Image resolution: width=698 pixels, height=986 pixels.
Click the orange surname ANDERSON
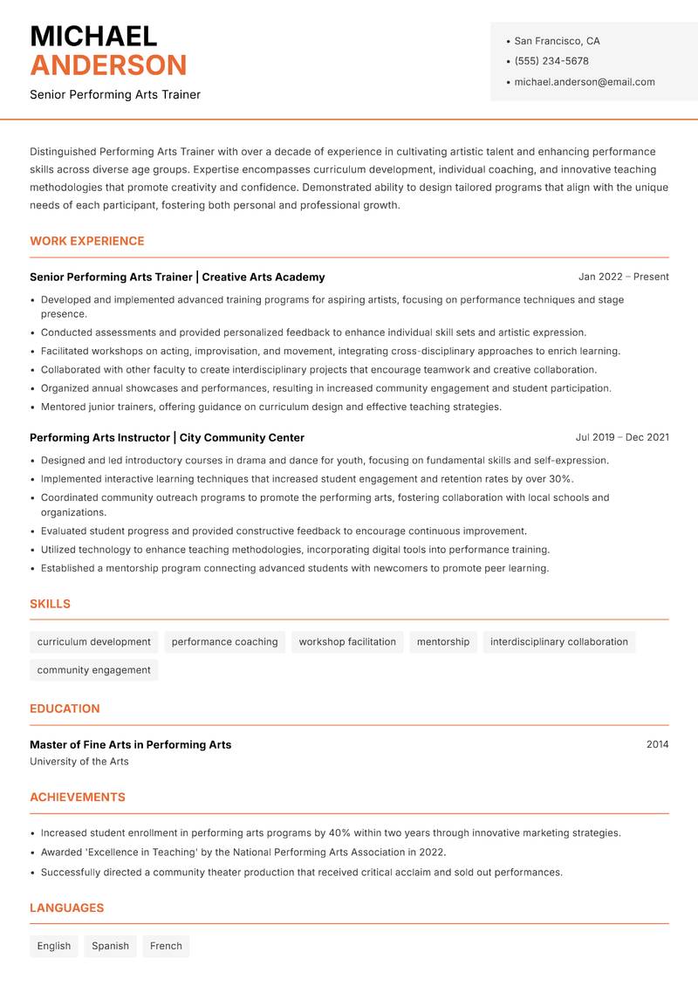(x=108, y=65)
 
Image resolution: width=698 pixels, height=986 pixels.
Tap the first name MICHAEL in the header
(x=93, y=37)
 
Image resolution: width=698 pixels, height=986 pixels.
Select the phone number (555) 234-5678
(x=551, y=61)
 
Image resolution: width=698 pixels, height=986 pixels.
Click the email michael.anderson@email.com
(x=584, y=82)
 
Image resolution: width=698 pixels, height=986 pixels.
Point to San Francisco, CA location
(x=557, y=41)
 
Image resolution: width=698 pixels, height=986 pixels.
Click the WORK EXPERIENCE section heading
(x=87, y=241)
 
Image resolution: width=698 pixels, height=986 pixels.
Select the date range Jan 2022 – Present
(x=623, y=277)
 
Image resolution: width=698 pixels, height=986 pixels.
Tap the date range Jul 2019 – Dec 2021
(x=622, y=437)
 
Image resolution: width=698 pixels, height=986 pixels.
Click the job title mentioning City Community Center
(x=167, y=437)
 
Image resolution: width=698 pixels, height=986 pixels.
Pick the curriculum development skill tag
(x=94, y=641)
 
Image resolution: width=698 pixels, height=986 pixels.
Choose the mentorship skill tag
(x=442, y=641)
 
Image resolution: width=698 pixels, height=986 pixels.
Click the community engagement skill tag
(x=94, y=670)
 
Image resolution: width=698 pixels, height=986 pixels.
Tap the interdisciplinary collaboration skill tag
(x=558, y=641)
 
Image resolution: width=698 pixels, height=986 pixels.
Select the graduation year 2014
(x=657, y=744)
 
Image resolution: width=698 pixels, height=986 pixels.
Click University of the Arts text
(x=79, y=762)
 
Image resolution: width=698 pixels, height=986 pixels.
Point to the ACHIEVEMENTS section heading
(x=78, y=797)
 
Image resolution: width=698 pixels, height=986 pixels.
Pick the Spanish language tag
(x=110, y=946)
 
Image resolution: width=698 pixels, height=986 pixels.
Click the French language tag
(x=166, y=946)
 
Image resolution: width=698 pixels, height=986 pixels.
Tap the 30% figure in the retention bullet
(x=560, y=479)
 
